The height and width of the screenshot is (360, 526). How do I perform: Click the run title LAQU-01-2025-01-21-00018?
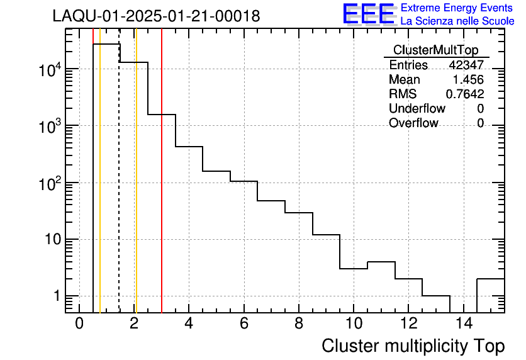point(156,17)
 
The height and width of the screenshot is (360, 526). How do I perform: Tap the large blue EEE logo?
point(367,14)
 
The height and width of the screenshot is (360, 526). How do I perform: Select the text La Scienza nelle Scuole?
point(457,21)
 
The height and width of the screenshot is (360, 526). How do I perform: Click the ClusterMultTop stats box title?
point(435,50)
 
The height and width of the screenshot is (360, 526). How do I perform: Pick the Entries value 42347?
point(466,65)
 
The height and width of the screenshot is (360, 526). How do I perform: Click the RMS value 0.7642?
point(465,94)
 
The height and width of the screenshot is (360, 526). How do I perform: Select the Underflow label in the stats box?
point(417,109)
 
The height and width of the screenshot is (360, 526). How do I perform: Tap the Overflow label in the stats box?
point(413,123)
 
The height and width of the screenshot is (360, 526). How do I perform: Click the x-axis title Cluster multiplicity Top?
point(413,346)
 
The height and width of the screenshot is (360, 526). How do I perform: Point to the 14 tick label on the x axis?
point(463,324)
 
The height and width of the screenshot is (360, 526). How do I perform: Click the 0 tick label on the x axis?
point(79,324)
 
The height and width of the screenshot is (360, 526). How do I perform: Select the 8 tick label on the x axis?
point(299,324)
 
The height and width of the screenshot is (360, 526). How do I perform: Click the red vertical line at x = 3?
point(162,189)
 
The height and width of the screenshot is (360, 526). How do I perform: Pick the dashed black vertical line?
point(119,189)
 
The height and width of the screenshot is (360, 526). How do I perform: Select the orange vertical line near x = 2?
point(136,189)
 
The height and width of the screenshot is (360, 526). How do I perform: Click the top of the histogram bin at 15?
point(491,278)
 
